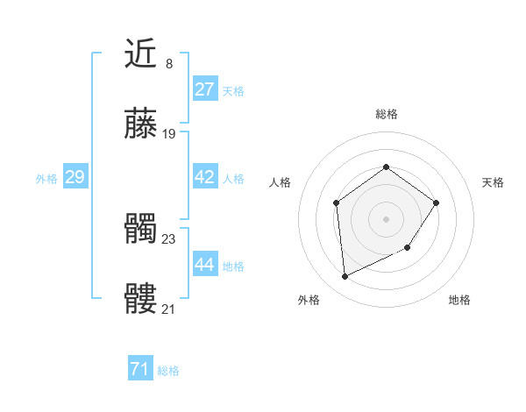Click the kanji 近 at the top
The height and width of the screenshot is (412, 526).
point(140,54)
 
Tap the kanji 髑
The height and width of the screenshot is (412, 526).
point(140,231)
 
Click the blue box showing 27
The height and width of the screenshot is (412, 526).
point(204,89)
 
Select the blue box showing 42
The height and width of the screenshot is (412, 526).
point(204,177)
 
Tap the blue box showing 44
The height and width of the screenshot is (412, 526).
point(204,265)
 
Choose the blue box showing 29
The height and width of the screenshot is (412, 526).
point(75,177)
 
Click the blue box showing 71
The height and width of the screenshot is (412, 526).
point(139,370)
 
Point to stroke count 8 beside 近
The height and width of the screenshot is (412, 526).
point(168,63)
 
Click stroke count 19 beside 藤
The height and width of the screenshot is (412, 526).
point(169,134)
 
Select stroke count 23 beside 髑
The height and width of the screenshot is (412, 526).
point(169,238)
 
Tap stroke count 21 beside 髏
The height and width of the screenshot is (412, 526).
point(169,309)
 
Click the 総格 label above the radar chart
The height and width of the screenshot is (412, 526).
point(386,114)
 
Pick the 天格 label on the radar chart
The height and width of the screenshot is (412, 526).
point(493,182)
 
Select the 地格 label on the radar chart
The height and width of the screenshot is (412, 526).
point(459,300)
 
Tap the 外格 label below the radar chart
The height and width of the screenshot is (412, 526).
point(309,300)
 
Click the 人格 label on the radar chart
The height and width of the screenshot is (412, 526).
point(280,182)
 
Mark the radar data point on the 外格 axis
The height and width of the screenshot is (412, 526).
point(345,277)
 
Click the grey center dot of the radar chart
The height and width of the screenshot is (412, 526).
point(386,218)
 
